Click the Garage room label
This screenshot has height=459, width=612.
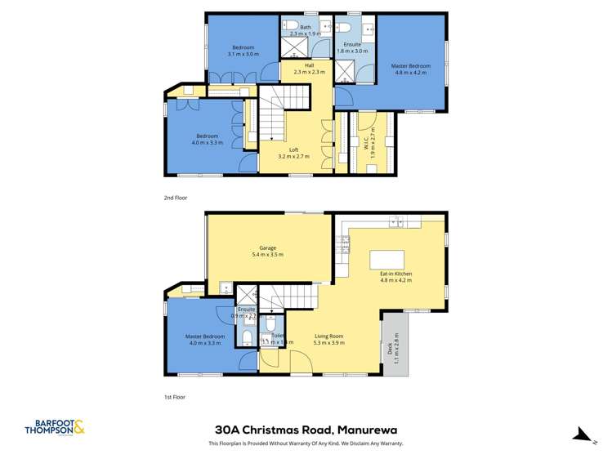point(267,252)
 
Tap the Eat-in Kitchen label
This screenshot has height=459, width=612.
point(396,276)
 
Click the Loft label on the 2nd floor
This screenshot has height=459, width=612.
point(293,152)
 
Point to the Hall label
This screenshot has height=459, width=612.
point(310,69)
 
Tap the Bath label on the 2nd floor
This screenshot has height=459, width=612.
point(306,31)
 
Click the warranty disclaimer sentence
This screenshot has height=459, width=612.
point(306,443)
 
